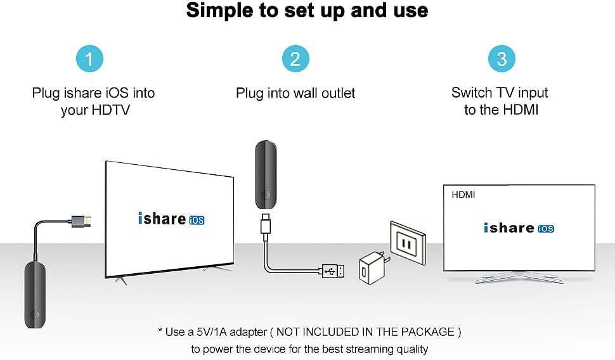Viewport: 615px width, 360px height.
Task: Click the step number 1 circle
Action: pos(89,59)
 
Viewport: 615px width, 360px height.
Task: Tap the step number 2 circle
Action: pos(295,59)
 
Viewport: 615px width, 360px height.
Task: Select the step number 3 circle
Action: pos(502,59)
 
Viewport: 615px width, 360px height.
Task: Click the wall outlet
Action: pos(407,240)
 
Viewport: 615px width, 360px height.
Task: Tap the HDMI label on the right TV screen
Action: pos(463,195)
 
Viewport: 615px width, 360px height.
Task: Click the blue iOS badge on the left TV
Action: pos(197,221)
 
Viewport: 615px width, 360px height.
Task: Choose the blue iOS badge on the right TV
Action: pos(545,229)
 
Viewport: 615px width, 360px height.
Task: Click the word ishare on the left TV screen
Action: pos(162,219)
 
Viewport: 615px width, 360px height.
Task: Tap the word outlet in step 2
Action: pos(336,93)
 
